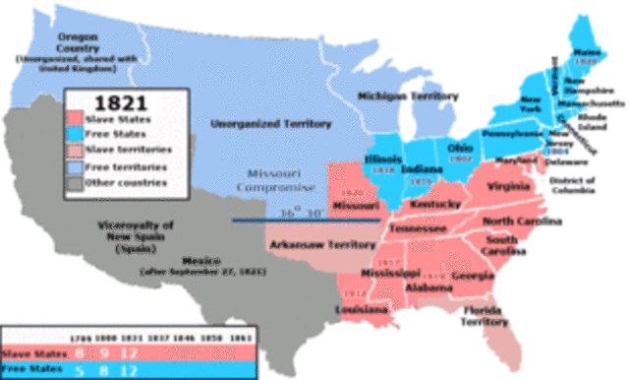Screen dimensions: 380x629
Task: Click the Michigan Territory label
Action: coord(407,96)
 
